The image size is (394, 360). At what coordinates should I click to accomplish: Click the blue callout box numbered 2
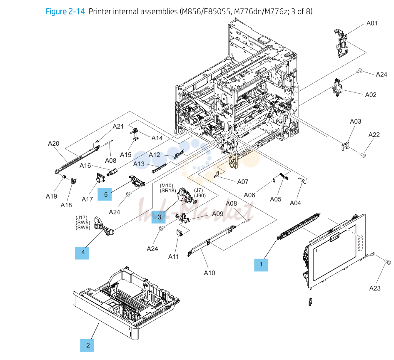pyautogui.click(x=87, y=345)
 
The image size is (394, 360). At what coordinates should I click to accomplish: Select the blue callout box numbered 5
pyautogui.click(x=105, y=194)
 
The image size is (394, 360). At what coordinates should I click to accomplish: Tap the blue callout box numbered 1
pyautogui.click(x=261, y=265)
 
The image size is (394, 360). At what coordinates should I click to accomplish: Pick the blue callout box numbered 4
pyautogui.click(x=82, y=253)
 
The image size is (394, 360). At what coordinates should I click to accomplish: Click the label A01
pyautogui.click(x=372, y=23)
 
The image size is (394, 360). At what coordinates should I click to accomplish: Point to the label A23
pyautogui.click(x=375, y=288)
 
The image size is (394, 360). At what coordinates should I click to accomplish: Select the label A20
pyautogui.click(x=54, y=144)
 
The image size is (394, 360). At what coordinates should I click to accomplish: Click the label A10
pyautogui.click(x=209, y=273)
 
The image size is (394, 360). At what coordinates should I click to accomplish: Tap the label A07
pyautogui.click(x=243, y=182)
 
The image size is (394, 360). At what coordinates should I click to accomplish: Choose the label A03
pyautogui.click(x=356, y=122)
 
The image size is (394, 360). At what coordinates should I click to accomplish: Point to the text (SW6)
pyautogui.click(x=83, y=228)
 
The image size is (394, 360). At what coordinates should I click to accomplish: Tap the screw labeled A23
pyautogui.click(x=387, y=262)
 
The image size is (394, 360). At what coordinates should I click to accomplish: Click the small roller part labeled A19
pyautogui.click(x=64, y=177)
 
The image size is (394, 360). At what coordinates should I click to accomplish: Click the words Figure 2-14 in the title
pyautogui.click(x=65, y=12)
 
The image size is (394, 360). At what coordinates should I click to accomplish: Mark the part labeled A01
pyautogui.click(x=341, y=43)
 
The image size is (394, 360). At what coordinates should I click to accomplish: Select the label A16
pyautogui.click(x=85, y=166)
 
